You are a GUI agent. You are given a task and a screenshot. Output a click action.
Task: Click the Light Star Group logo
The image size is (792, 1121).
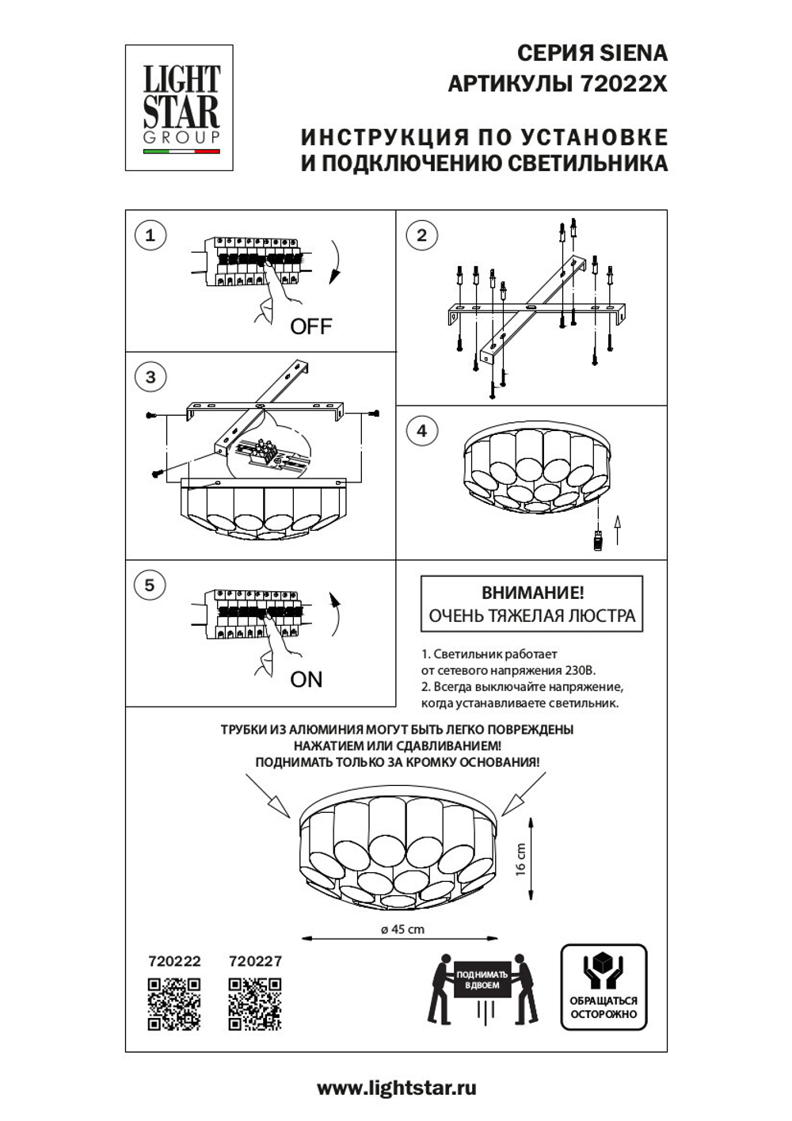pyautogui.click(x=180, y=108)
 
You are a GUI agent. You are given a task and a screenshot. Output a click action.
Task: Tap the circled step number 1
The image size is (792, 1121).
pyautogui.click(x=150, y=235)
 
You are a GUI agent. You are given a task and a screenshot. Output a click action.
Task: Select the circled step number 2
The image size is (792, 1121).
pyautogui.click(x=421, y=235)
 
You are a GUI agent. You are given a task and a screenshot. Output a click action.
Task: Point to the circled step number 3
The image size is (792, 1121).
pyautogui.click(x=150, y=376)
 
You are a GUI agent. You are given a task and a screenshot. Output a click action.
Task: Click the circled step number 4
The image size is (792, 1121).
pyautogui.click(x=421, y=430)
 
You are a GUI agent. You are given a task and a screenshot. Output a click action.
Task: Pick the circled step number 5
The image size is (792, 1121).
pyautogui.click(x=150, y=585)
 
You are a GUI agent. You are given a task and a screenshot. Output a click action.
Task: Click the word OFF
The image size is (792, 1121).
pyautogui.click(x=310, y=326)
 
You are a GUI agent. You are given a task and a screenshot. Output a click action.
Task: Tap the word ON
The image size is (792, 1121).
pyautogui.click(x=307, y=679)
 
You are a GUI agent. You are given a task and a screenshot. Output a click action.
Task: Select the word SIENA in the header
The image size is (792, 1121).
pyautogui.click(x=633, y=54)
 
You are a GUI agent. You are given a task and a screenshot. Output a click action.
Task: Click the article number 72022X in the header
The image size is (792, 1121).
pyautogui.click(x=625, y=83)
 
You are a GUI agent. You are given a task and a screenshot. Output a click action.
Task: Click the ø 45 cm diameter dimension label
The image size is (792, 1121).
pyautogui.click(x=402, y=929)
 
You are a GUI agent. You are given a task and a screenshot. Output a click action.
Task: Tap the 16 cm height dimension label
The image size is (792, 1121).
pyautogui.click(x=520, y=858)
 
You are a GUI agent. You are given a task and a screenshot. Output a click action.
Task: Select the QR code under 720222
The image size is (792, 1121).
pyautogui.click(x=174, y=1004)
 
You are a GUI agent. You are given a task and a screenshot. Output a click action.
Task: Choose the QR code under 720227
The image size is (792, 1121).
pyautogui.click(x=255, y=1004)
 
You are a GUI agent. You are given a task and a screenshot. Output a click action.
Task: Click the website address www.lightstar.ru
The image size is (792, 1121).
pyautogui.click(x=397, y=1089)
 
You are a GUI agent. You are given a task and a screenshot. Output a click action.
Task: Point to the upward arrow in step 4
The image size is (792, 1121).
pyautogui.click(x=619, y=528)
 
